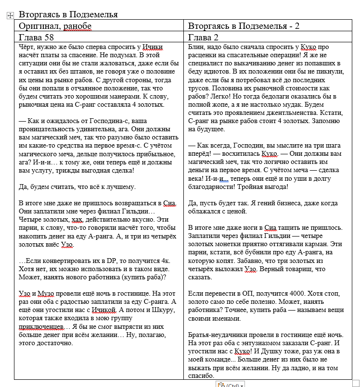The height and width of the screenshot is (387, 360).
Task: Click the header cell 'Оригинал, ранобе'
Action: pos(55,26)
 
